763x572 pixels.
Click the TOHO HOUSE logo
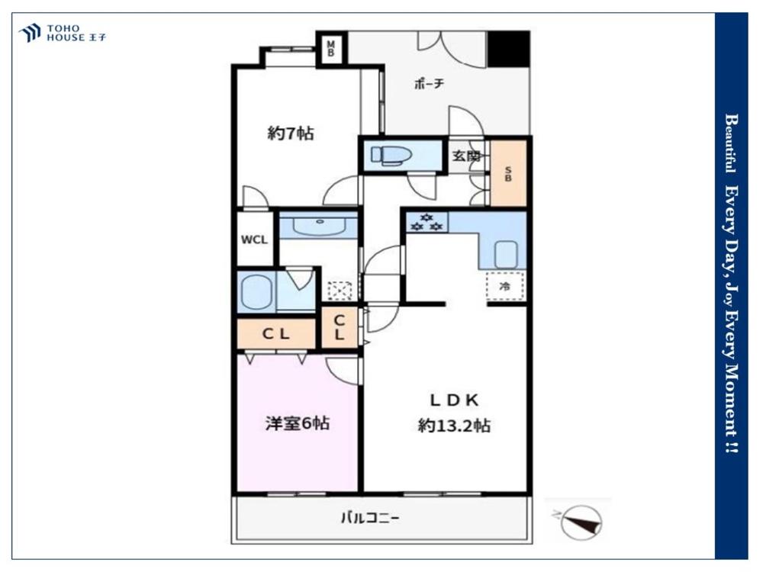click(63, 33)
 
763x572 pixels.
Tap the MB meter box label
click(331, 49)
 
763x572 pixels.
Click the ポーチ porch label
click(429, 84)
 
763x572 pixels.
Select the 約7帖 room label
click(291, 133)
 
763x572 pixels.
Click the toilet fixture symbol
click(391, 155)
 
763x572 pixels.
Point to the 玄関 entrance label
click(466, 156)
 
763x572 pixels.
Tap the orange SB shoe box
click(508, 173)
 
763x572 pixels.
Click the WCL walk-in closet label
click(254, 239)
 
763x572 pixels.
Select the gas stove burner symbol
click(427, 222)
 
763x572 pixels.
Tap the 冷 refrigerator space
click(506, 287)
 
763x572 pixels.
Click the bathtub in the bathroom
click(256, 292)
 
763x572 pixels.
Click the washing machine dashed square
click(340, 291)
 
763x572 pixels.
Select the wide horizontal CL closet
click(276, 334)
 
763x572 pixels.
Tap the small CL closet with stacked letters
click(340, 327)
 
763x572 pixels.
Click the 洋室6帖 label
click(298, 423)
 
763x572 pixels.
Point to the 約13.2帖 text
click(454, 426)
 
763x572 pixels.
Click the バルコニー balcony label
click(370, 518)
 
